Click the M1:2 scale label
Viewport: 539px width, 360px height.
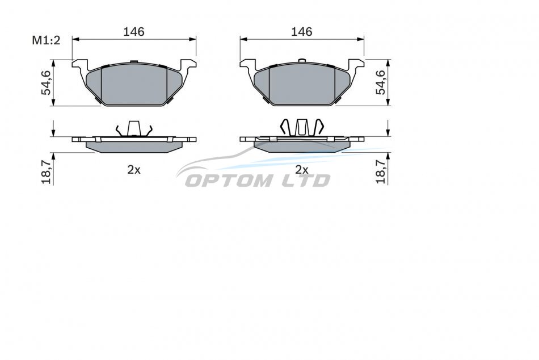tap(46, 40)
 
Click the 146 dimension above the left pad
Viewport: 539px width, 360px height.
tap(134, 32)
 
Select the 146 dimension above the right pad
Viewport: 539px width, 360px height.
tap(301, 32)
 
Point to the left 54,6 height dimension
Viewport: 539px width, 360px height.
tap(46, 82)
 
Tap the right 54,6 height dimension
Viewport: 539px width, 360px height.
tap(381, 82)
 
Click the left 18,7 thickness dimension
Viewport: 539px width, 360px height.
tap(46, 173)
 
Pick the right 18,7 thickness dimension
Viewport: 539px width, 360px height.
tap(381, 173)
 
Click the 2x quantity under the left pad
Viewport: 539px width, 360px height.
tap(134, 170)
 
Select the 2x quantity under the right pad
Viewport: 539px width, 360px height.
tap(301, 170)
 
